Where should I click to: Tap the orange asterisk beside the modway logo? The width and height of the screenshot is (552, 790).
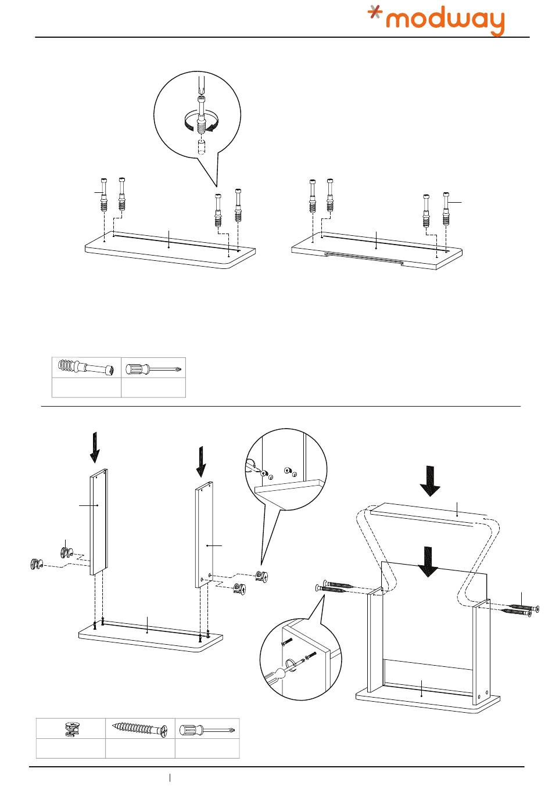tap(377, 15)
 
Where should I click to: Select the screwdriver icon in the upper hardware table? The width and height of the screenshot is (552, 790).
tap(153, 368)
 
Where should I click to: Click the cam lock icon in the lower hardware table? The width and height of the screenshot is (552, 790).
tap(71, 728)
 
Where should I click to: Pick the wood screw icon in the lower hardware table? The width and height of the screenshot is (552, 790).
tap(140, 728)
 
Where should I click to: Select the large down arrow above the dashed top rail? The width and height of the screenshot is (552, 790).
tap(431, 481)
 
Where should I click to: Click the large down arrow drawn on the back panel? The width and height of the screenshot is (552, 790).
tap(428, 562)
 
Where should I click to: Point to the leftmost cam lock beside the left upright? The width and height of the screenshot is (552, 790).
tap(37, 563)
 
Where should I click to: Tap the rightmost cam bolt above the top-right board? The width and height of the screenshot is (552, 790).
tap(446, 209)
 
